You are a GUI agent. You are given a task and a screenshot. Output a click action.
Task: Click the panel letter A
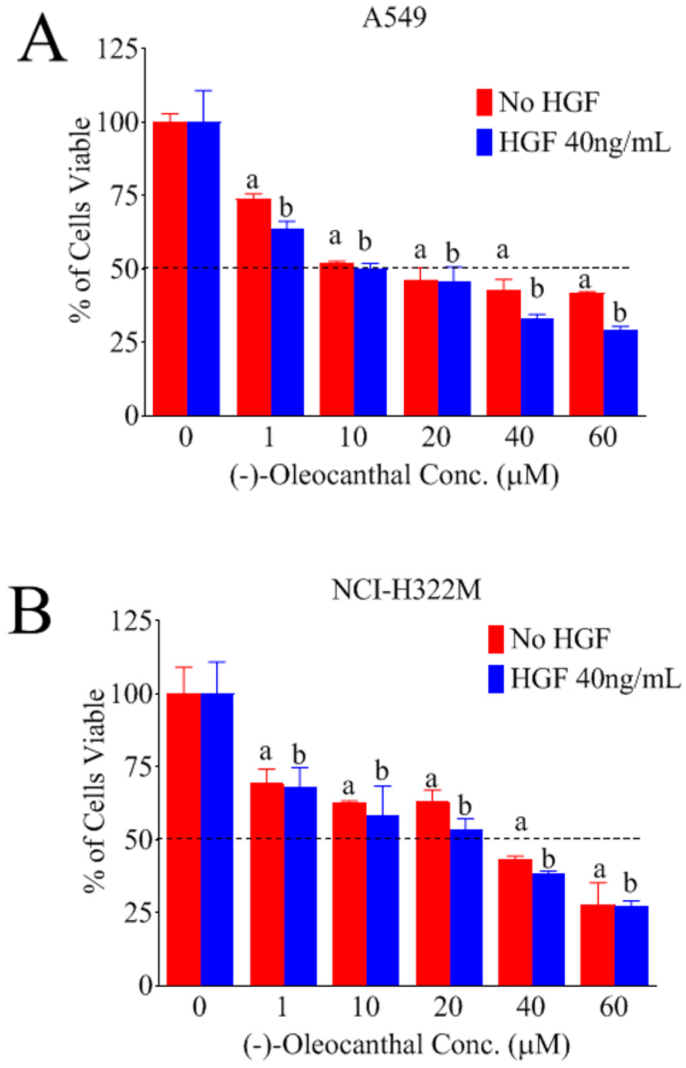42,39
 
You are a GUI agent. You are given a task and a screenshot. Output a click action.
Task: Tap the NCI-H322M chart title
406,591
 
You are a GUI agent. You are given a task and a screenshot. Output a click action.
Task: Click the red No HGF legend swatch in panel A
484,102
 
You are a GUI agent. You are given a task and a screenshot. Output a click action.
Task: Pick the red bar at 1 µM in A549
254,307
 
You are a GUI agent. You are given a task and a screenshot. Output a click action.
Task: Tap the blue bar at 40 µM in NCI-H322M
548,929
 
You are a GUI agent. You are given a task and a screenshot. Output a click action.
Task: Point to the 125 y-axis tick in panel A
117,48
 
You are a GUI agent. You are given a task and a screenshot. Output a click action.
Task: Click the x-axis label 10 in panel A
353,437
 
